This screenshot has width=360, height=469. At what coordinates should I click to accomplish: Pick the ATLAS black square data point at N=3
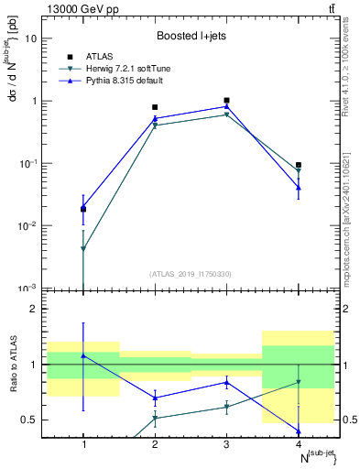pyautogui.click(x=226, y=100)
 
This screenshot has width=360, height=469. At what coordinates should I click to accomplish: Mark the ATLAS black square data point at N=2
pyautogui.click(x=155, y=107)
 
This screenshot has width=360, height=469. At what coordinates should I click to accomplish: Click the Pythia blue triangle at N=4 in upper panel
pyautogui.click(x=298, y=187)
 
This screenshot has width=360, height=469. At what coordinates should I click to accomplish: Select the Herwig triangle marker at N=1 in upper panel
pyautogui.click(x=83, y=248)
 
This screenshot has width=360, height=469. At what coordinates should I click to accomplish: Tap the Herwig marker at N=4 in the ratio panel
pyautogui.click(x=298, y=382)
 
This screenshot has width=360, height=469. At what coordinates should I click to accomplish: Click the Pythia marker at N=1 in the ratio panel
pyautogui.click(x=83, y=355)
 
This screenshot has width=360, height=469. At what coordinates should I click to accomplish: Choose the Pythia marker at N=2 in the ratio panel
pyautogui.click(x=155, y=398)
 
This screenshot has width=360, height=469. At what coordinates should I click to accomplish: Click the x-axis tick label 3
pyautogui.click(x=226, y=443)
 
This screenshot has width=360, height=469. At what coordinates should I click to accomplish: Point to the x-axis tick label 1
pyautogui.click(x=83, y=443)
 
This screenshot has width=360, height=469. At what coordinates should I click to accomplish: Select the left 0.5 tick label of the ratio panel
pyautogui.click(x=30, y=420)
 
